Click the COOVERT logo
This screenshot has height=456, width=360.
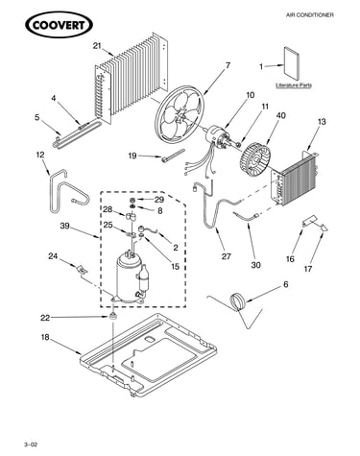coord(59,25)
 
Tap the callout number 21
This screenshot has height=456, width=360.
coord(97,46)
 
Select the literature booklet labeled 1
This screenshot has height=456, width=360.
coord(292,63)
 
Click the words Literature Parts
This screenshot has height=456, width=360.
coord(294,85)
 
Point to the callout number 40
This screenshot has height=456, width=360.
coord(281,115)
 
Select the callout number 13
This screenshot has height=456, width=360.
coord(322,122)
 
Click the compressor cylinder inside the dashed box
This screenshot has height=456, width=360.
coord(129,276)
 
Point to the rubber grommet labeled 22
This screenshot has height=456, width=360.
coord(112,317)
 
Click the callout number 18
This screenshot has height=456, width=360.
coord(45,337)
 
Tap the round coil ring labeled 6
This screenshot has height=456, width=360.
coord(237,301)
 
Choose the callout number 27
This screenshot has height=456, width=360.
coord(227,256)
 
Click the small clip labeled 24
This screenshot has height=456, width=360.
coord(82,269)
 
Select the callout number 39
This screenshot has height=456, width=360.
coord(65,226)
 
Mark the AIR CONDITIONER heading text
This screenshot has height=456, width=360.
coord(309,15)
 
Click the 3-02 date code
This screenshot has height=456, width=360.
coord(31,444)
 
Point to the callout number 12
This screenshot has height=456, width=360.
coord(40,155)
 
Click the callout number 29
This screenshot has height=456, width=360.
coord(159,200)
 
